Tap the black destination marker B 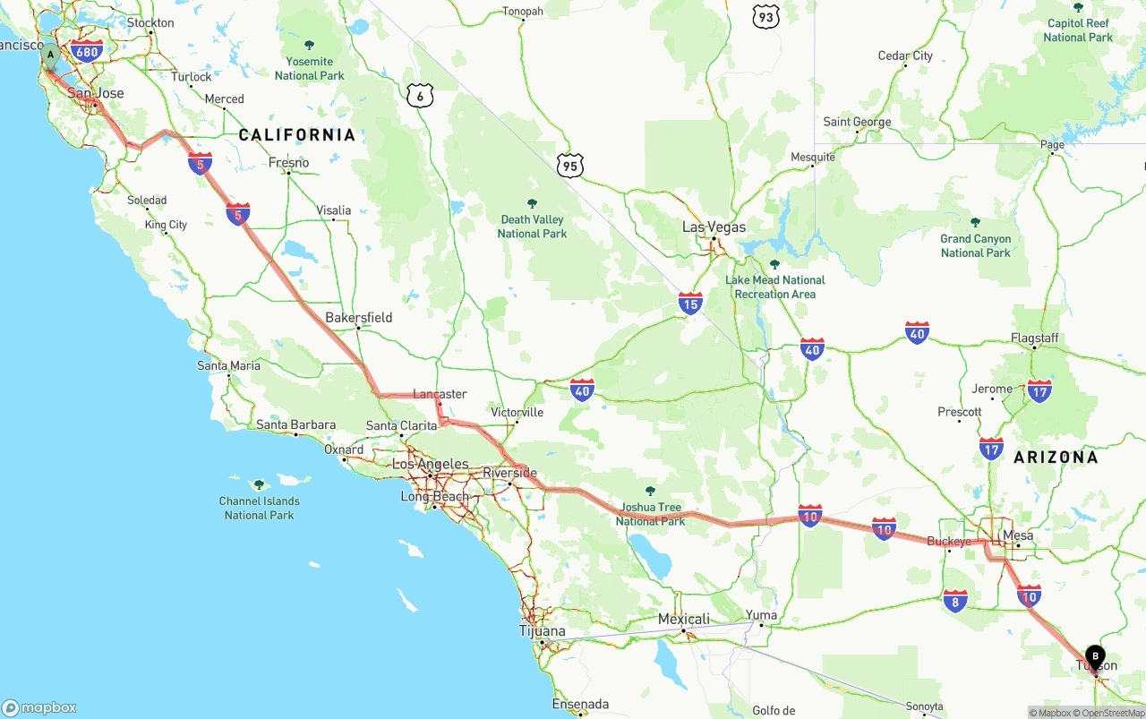1095,657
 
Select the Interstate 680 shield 87,51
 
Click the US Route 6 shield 419,96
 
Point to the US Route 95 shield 569,165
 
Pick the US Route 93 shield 765,16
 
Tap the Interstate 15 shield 690,304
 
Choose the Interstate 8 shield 955,601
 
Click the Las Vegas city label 714,227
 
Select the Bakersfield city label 358,317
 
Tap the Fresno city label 288,163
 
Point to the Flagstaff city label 1034,338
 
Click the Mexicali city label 684,619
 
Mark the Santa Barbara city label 295,424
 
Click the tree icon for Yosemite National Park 310,45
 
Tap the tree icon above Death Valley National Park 533,203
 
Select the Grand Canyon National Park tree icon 975,222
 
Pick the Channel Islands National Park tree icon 260,484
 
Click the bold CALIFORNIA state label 297,135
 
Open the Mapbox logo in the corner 39,707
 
